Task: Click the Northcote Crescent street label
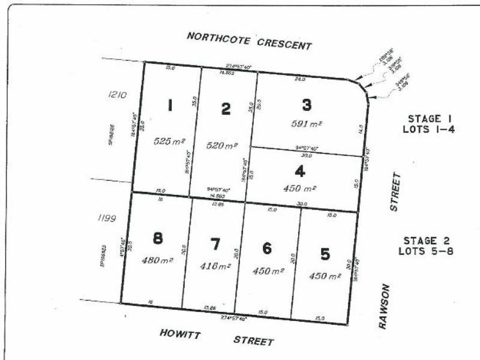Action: [x=249, y=40]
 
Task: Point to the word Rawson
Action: [x=385, y=306]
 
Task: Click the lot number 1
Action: [x=171, y=106]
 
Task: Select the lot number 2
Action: [x=226, y=109]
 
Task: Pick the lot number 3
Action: [x=307, y=105]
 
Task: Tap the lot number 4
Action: [x=299, y=171]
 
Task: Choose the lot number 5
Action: [x=325, y=254]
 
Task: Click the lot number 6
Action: [x=268, y=248]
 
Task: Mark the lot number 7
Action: [x=215, y=244]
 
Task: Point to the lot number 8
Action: [x=158, y=239]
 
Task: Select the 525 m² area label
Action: [x=170, y=142]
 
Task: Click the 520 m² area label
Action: [x=221, y=145]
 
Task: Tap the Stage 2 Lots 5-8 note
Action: [x=425, y=245]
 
